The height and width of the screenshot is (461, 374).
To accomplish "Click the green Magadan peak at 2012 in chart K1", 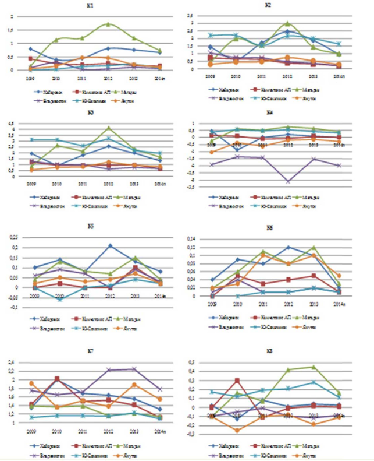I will coord(108,24).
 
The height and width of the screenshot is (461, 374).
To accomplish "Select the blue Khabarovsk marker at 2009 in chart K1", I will coord(30,49).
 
